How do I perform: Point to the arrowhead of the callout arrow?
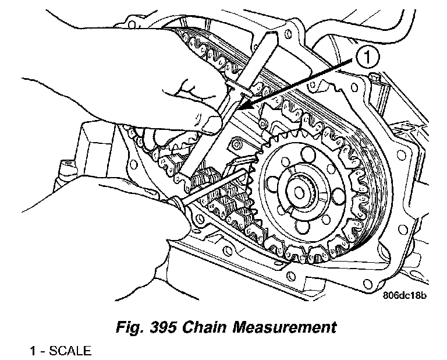pyautogui.click(x=243, y=108)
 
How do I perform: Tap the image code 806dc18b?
pyautogui.click(x=405, y=296)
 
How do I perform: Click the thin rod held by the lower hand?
pyautogui.click(x=215, y=183)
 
